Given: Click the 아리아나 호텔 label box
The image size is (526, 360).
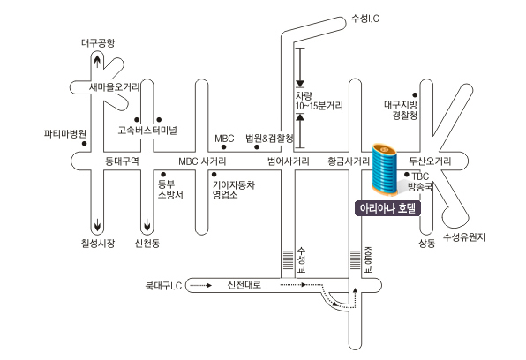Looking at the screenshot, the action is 387,208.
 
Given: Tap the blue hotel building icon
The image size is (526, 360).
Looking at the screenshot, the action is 385,169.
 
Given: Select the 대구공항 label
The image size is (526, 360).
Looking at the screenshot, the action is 98,43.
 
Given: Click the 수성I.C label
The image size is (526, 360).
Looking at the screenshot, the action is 365,19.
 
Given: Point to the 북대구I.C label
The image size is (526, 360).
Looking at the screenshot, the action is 163,286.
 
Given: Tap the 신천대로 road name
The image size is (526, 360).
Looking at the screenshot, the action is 244,285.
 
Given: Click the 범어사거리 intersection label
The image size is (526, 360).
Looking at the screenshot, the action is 289,161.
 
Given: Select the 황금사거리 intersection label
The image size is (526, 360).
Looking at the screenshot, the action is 349,161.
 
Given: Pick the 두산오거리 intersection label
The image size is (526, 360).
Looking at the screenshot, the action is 430,161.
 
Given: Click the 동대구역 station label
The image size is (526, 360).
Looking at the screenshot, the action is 122,161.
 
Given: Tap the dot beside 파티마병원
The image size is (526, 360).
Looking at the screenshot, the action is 85,144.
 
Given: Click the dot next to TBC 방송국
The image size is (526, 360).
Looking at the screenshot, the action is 407,175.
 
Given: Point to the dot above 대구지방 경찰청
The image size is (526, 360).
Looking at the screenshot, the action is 415,95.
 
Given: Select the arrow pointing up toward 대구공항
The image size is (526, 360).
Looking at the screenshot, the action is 97,62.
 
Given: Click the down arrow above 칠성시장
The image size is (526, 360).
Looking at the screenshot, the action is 97,224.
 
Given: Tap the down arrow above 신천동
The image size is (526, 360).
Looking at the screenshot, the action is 147,224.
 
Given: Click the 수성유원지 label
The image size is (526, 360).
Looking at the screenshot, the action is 464,237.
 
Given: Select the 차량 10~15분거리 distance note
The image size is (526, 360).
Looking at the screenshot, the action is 319,101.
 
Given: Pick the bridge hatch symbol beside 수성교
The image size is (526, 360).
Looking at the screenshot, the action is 288,259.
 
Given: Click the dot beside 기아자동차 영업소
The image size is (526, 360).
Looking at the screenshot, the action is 214,175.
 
